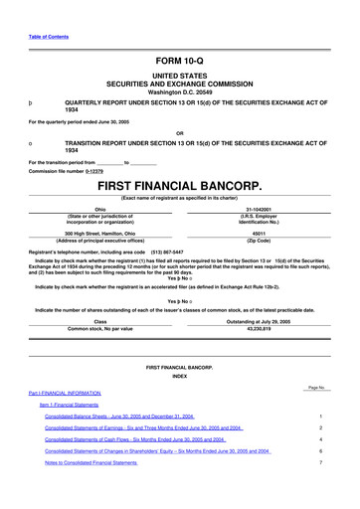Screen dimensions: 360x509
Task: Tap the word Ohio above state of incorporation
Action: pos(99,209)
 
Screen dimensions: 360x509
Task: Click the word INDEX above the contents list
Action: pos(179,375)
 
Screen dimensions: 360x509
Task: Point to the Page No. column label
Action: pos(317,386)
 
